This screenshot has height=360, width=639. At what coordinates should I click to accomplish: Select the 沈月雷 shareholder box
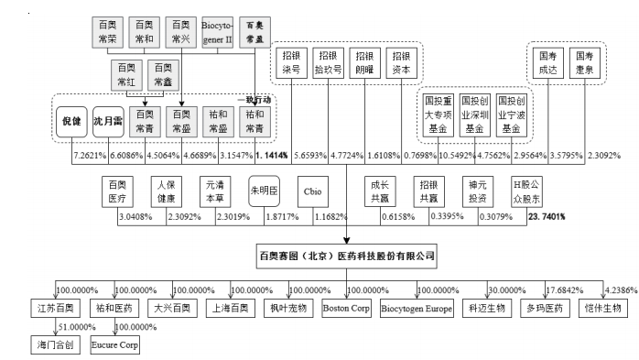(107, 121)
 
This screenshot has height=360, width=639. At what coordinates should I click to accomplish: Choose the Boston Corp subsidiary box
(346, 308)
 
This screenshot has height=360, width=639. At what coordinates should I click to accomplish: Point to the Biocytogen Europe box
(416, 308)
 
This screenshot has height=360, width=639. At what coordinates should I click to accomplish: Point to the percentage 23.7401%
(545, 217)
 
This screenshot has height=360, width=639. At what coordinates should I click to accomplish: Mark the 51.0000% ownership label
(76, 327)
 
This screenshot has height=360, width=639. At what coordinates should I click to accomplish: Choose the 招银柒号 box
(291, 61)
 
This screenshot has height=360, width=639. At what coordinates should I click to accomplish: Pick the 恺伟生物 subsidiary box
(603, 308)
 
